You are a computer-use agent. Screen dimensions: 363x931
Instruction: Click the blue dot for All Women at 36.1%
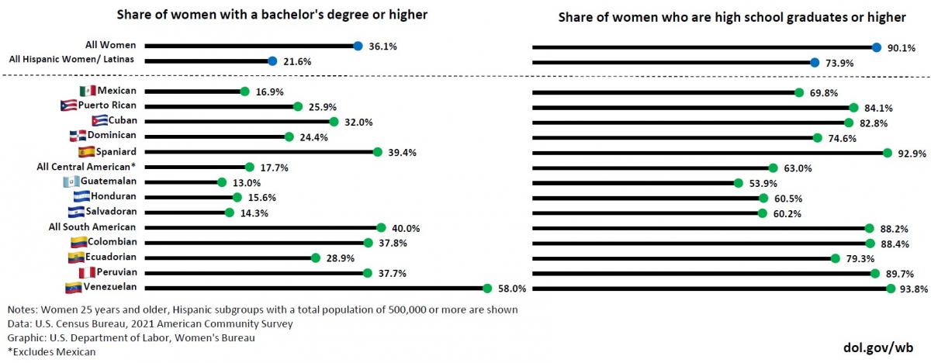coord(358,46)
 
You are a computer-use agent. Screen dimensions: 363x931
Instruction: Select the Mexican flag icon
coord(87,92)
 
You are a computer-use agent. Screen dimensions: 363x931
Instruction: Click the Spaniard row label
coord(116,151)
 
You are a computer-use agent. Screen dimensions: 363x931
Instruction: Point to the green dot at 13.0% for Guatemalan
coord(222,182)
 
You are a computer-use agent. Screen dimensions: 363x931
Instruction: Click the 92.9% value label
coord(912,153)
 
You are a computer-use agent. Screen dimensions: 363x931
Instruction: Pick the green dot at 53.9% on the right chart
coord(738,183)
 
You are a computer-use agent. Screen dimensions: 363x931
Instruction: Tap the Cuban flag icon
coord(99,121)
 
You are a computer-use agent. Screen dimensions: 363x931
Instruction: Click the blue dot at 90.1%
coord(876,47)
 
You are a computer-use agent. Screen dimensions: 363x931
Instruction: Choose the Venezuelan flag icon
coord(73,288)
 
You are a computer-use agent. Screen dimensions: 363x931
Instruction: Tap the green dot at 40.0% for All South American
coord(381,227)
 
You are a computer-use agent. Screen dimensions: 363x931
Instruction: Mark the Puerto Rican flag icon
coord(67,105)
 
